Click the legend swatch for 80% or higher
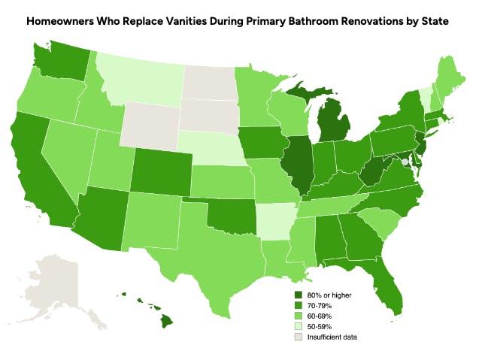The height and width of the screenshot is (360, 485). coord(298,295)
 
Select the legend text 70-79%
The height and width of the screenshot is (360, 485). coord(320,306)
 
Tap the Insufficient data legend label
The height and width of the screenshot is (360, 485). coord(332,337)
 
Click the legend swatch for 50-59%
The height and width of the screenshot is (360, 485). coord(298,327)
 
